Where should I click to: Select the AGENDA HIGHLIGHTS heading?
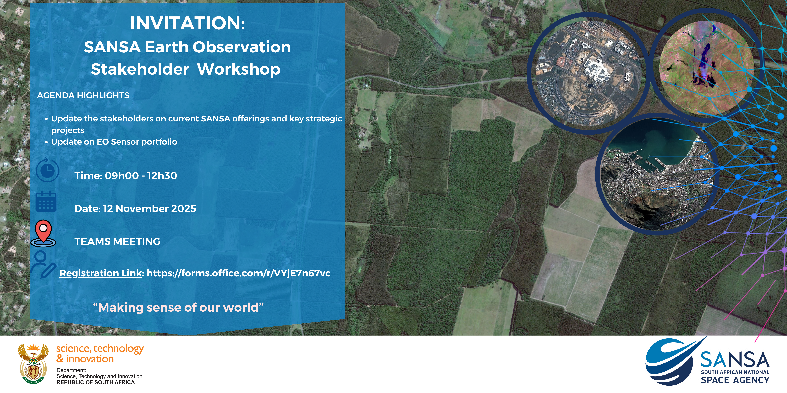(83, 96)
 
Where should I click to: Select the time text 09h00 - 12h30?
(141, 176)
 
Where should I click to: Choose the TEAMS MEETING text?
(117, 242)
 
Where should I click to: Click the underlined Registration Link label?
(101, 273)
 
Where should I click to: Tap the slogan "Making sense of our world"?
(178, 308)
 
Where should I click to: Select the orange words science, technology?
(100, 348)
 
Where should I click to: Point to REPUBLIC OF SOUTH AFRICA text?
(96, 382)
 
